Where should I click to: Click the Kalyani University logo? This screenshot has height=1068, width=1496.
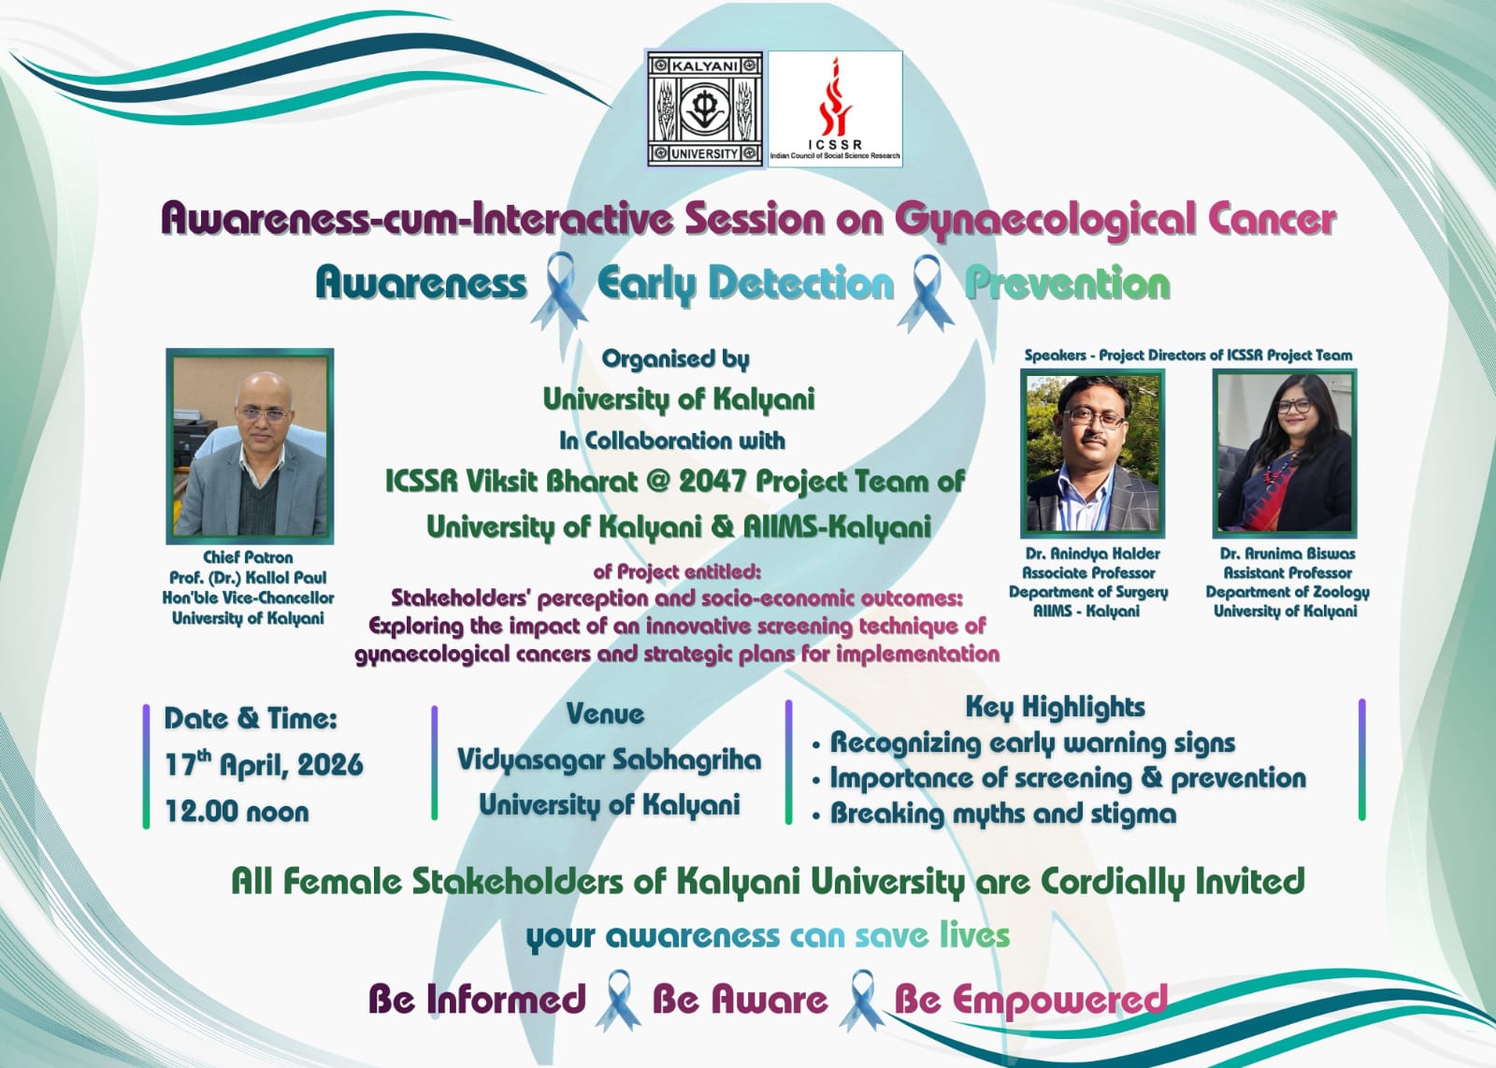(x=705, y=108)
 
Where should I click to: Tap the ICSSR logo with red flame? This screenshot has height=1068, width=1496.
(x=836, y=108)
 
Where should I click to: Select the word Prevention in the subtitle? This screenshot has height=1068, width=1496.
(x=1067, y=284)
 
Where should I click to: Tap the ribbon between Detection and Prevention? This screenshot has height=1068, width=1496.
(x=926, y=293)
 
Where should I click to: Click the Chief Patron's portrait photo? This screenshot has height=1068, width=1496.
(x=250, y=445)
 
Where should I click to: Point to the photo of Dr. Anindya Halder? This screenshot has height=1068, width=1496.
(x=1093, y=454)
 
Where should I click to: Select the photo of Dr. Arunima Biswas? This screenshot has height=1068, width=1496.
(x=1285, y=454)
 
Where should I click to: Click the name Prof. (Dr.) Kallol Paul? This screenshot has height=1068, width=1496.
(x=248, y=578)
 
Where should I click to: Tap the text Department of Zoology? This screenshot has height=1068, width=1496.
(x=1287, y=592)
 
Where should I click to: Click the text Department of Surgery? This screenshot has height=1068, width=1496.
(x=1088, y=592)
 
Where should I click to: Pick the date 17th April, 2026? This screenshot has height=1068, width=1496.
(x=264, y=764)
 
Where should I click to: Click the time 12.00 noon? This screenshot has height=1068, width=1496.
(x=237, y=812)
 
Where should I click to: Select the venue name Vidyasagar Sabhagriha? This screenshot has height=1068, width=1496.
(x=609, y=760)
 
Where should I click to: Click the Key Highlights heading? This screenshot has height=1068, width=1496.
(x=1056, y=707)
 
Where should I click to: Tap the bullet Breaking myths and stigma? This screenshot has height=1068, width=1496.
(x=1002, y=814)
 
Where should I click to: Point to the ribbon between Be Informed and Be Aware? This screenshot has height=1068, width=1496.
(x=618, y=1000)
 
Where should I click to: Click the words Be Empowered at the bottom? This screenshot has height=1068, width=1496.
(x=1030, y=1000)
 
